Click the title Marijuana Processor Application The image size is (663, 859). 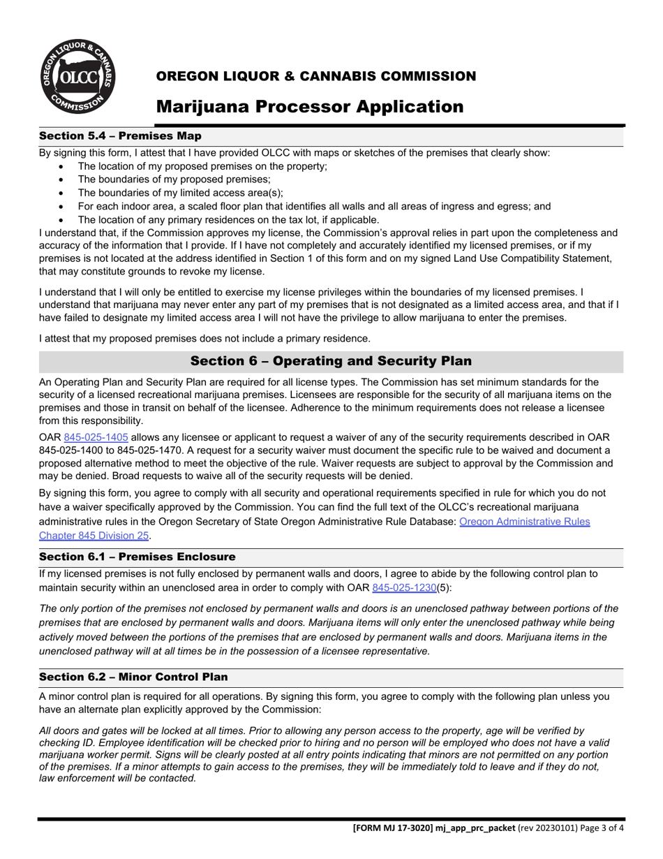[309, 106]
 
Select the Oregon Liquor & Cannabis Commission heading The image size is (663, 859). [315, 75]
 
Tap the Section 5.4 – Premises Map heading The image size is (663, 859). [120, 135]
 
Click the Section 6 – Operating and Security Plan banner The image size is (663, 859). [331, 361]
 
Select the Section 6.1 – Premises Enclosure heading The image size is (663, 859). [137, 557]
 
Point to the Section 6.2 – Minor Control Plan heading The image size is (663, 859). [133, 677]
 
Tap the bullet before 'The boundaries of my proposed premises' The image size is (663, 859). [63, 179]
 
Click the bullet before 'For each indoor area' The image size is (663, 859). [63, 207]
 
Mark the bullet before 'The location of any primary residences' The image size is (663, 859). [63, 220]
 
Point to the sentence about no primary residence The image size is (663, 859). [204, 339]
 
